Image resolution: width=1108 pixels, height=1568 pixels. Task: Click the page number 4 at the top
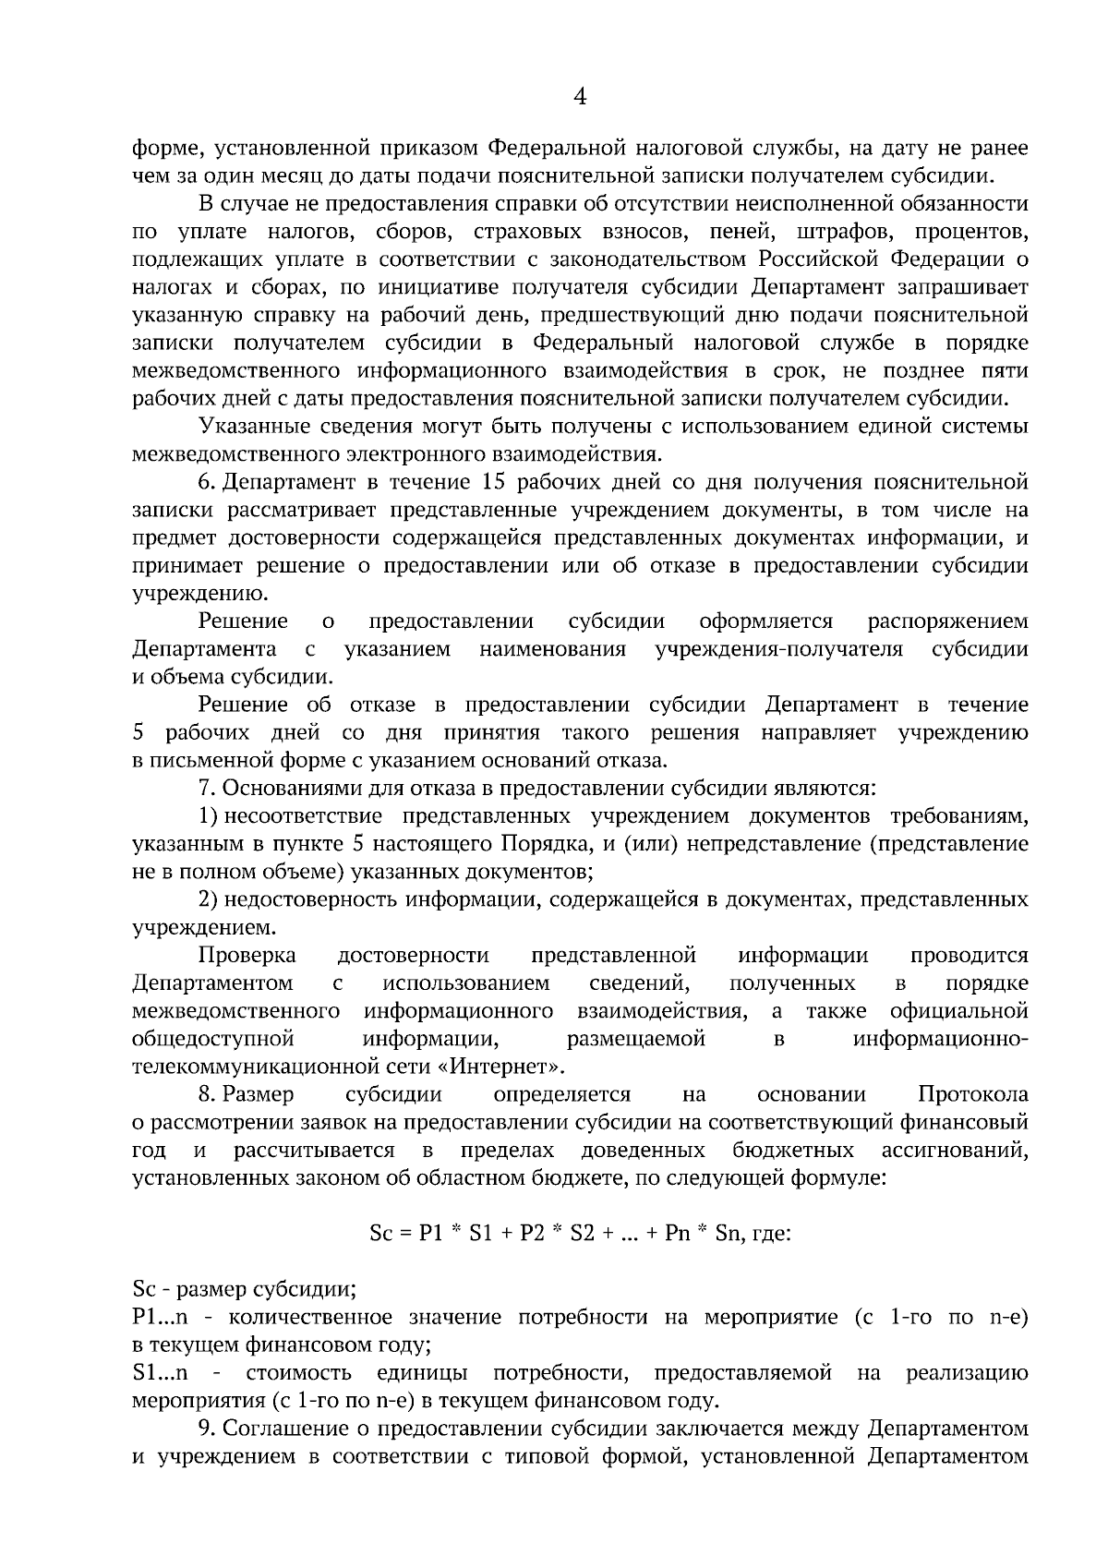tap(580, 97)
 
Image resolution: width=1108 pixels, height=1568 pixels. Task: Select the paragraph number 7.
tap(206, 788)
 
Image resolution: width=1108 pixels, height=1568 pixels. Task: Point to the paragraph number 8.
tap(206, 1094)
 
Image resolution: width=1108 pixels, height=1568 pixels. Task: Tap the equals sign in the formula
tap(404, 1234)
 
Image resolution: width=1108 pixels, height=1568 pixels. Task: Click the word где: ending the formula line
tap(770, 1234)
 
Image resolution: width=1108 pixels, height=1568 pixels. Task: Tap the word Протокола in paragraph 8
tap(972, 1094)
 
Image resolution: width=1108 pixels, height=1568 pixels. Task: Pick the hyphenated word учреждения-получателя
tap(778, 649)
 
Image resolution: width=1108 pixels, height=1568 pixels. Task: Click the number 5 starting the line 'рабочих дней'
tap(138, 733)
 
